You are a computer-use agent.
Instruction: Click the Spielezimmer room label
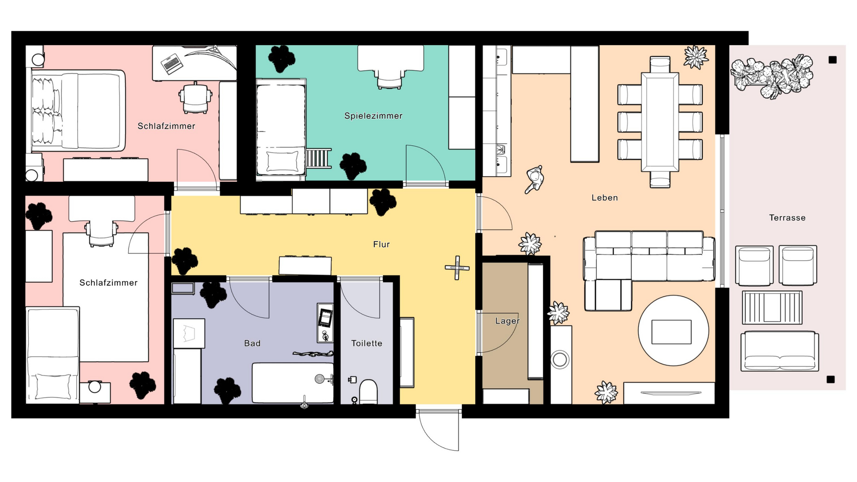[x=373, y=116]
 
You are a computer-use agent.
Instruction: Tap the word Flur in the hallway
[x=382, y=244]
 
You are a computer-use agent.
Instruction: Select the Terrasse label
[x=787, y=218]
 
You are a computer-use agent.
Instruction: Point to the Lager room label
[x=508, y=321]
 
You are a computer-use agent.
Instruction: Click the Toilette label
[x=366, y=343]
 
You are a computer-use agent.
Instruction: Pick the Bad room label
[x=252, y=343]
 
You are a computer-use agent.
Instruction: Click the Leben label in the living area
[x=605, y=198]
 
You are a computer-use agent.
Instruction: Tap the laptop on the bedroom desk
[x=171, y=63]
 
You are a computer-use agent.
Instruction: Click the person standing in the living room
[x=534, y=179]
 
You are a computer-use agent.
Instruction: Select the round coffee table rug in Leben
[x=673, y=331]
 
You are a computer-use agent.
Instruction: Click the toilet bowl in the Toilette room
[x=368, y=392]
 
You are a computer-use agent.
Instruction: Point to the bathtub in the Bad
[x=293, y=383]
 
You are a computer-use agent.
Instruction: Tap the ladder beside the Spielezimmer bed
[x=319, y=158]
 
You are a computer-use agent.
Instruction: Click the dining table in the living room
[x=660, y=122]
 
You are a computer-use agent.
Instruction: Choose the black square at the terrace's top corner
[x=832, y=60]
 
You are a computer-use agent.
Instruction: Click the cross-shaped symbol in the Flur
[x=457, y=268]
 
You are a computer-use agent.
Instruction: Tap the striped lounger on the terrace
[x=772, y=307]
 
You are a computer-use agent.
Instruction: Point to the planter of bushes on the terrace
[x=771, y=76]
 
